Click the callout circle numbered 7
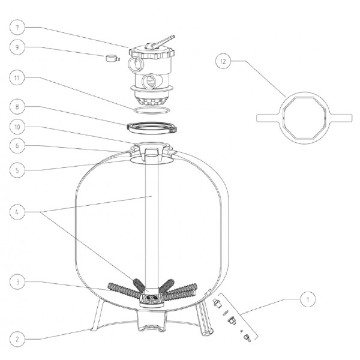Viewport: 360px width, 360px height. click(x=17, y=28)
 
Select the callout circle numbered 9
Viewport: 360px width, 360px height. click(x=17, y=47)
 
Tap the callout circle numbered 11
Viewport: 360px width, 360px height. click(x=17, y=78)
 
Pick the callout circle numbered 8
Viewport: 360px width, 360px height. click(x=17, y=107)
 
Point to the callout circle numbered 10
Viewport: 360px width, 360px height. click(x=17, y=127)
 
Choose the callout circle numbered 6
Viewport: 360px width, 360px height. click(x=17, y=146)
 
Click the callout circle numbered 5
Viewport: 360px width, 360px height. click(x=17, y=170)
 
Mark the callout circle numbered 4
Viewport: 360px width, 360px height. click(x=17, y=212)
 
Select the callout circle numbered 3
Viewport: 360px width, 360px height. click(x=17, y=282)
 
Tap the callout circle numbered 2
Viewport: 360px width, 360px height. click(x=17, y=339)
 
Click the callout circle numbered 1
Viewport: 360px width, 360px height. click(x=308, y=299)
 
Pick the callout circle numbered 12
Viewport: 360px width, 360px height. click(x=223, y=61)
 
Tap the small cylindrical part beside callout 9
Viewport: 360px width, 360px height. click(x=113, y=58)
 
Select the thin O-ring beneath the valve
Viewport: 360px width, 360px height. click(x=152, y=110)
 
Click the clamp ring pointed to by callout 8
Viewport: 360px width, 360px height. click(x=152, y=128)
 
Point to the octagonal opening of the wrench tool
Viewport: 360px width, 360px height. click(x=304, y=118)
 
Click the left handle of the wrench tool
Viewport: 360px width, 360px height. click(x=268, y=118)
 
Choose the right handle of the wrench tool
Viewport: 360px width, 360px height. click(x=341, y=118)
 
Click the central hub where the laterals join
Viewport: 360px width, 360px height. click(x=151, y=298)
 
